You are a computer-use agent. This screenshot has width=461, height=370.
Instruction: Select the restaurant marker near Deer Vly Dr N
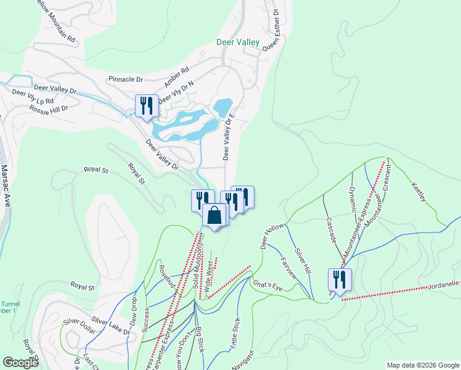coord(147,105)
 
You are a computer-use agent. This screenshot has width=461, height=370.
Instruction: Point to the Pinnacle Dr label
coord(125,80)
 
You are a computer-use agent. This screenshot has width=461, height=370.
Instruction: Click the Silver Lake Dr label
coord(112,326)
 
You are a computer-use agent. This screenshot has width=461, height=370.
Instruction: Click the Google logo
coord(21,363)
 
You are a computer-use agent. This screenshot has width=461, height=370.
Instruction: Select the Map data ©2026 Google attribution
coord(422,365)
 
